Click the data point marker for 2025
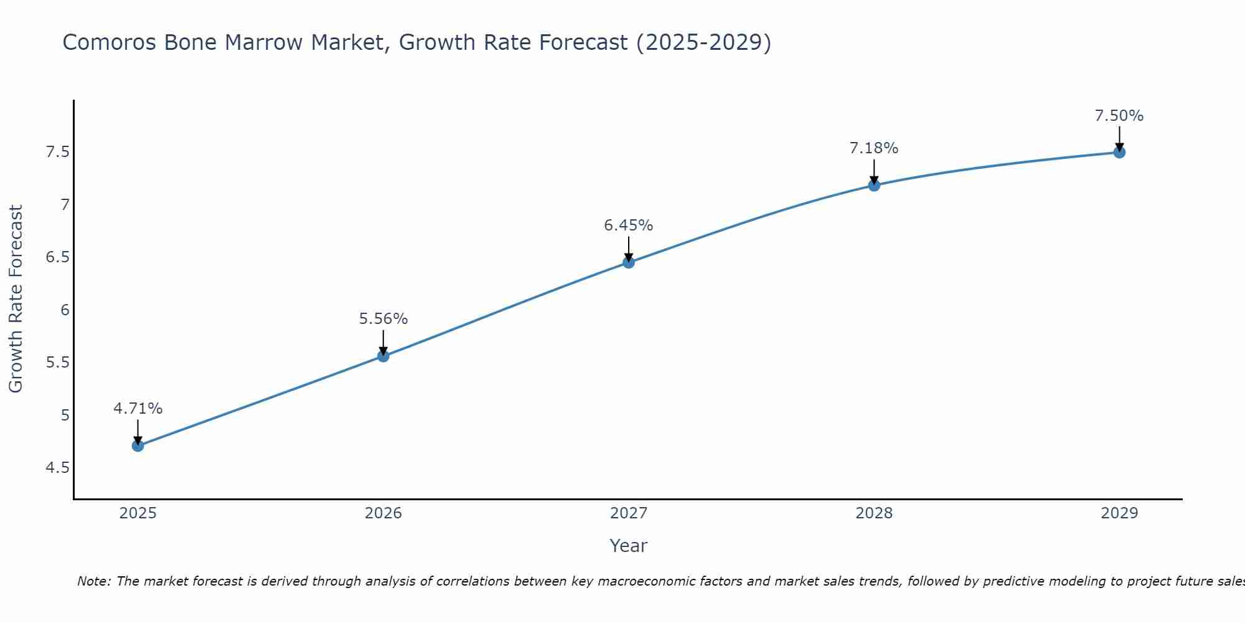(x=138, y=445)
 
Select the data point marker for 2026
(x=383, y=356)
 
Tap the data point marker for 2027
(x=629, y=262)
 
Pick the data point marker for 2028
(x=874, y=185)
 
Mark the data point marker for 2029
(x=1119, y=152)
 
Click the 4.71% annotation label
(x=138, y=409)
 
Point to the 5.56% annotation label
(x=383, y=319)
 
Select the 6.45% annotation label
(x=629, y=226)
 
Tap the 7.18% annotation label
(x=874, y=148)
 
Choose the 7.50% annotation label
(x=1119, y=116)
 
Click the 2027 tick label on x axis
(x=629, y=513)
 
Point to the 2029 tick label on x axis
(x=1119, y=513)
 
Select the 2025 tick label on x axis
(x=138, y=513)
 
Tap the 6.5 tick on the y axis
(x=57, y=257)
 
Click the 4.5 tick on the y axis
(x=57, y=468)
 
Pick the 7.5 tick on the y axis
(x=57, y=152)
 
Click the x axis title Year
(x=629, y=546)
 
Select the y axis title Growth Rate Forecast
(x=16, y=299)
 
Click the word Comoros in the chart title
(x=110, y=42)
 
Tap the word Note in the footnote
(x=93, y=581)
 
